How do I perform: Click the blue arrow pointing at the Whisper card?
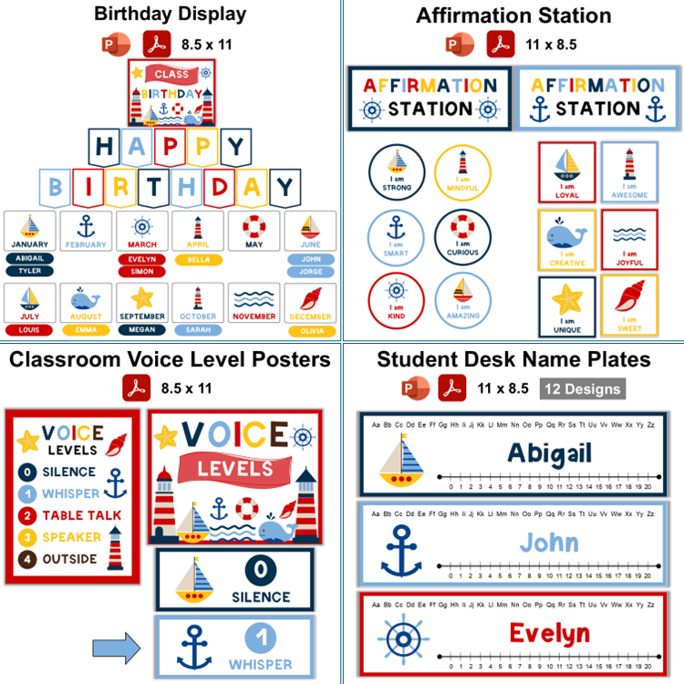tap(117, 648)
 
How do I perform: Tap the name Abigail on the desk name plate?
tap(549, 452)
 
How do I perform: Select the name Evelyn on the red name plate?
tap(549, 632)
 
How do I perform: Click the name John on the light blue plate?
tap(549, 543)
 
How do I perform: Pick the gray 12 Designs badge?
tap(582, 389)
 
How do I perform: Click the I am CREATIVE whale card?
tap(566, 240)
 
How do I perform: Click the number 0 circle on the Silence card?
tap(262, 570)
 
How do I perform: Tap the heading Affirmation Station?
tap(513, 16)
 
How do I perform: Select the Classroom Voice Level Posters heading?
tap(171, 359)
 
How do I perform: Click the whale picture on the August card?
tap(86, 300)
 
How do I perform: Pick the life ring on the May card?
tap(254, 225)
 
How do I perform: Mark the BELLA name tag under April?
tap(197, 260)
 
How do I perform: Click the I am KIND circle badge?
tap(397, 298)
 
